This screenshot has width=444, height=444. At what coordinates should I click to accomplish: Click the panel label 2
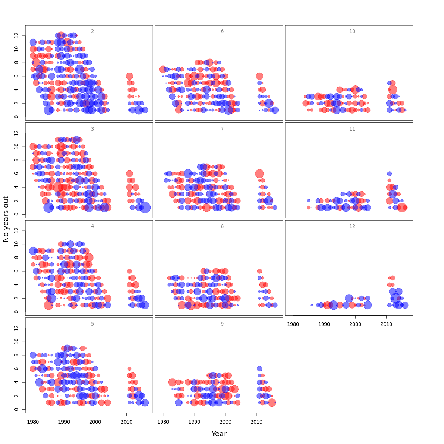(92, 31)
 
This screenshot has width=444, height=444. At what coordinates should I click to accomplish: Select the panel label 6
(222, 31)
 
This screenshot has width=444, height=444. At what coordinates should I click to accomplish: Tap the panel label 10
(352, 31)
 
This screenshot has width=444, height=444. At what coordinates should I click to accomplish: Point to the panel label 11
(352, 129)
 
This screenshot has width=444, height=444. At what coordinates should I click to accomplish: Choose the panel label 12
(352, 226)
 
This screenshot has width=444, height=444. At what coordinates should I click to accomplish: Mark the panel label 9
(222, 324)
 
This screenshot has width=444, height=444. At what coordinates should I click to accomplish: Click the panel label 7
(222, 129)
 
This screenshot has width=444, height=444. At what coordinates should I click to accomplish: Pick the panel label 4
(92, 226)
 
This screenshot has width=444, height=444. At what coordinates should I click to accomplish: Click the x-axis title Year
(219, 434)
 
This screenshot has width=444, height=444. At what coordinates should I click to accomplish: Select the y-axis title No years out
(6, 219)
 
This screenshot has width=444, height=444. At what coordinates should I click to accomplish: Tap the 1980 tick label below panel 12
(293, 324)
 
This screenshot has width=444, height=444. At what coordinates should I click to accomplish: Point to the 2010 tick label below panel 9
(256, 422)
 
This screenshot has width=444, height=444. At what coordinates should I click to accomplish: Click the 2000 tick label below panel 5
(95, 422)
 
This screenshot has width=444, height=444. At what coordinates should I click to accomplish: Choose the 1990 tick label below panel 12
(324, 324)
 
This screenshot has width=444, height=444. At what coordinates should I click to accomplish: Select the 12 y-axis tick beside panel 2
(16, 35)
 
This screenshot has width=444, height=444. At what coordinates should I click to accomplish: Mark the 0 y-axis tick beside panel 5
(16, 409)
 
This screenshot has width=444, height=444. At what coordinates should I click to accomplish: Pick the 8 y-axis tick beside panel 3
(16, 160)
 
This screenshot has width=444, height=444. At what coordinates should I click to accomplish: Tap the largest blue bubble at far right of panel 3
(145, 208)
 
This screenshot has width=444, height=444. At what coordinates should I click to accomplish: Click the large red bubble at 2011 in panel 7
(259, 174)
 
